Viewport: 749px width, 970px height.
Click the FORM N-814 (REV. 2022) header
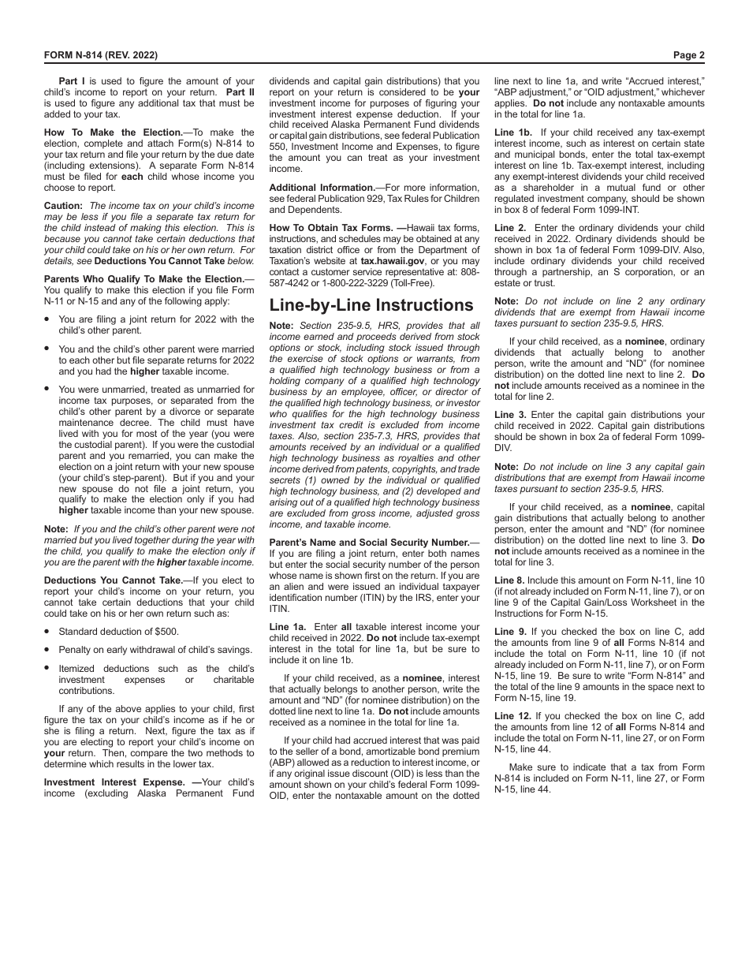click(100, 55)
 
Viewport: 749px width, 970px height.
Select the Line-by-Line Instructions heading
click(371, 305)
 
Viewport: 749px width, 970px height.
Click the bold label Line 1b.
click(513, 132)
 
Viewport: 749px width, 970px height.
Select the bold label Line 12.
click(512, 716)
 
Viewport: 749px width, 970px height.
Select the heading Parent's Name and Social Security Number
click(369, 543)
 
